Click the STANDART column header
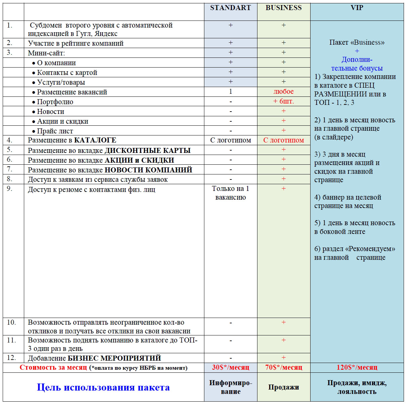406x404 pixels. pyautogui.click(x=231, y=8)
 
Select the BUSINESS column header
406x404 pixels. pyautogui.click(x=284, y=8)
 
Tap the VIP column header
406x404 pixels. pyautogui.click(x=357, y=8)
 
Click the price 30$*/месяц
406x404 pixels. pyautogui.click(x=231, y=367)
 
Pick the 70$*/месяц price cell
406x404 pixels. pyautogui.click(x=284, y=367)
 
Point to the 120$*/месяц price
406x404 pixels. pyautogui.click(x=357, y=367)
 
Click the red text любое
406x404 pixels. pyautogui.click(x=284, y=91)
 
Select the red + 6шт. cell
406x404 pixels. pyautogui.click(x=284, y=101)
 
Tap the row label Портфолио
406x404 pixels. pyautogui.click(x=55, y=102)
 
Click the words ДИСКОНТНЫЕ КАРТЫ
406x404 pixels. pyautogui.click(x=148, y=150)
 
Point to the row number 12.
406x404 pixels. pyautogui.click(x=11, y=357)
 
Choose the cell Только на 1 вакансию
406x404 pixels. pyautogui.click(x=231, y=193)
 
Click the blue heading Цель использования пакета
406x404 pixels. pyautogui.click(x=103, y=387)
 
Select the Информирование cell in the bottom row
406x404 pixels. pyautogui.click(x=231, y=387)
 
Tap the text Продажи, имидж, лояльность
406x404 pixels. pyautogui.click(x=357, y=387)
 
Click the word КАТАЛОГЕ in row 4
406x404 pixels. pyautogui.click(x=95, y=140)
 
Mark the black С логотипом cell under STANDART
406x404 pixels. pyautogui.click(x=231, y=140)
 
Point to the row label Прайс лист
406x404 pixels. pyautogui.click(x=55, y=131)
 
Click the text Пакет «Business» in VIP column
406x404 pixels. pyautogui.click(x=357, y=42)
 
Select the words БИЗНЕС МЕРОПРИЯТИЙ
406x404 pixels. pyautogui.click(x=114, y=358)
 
